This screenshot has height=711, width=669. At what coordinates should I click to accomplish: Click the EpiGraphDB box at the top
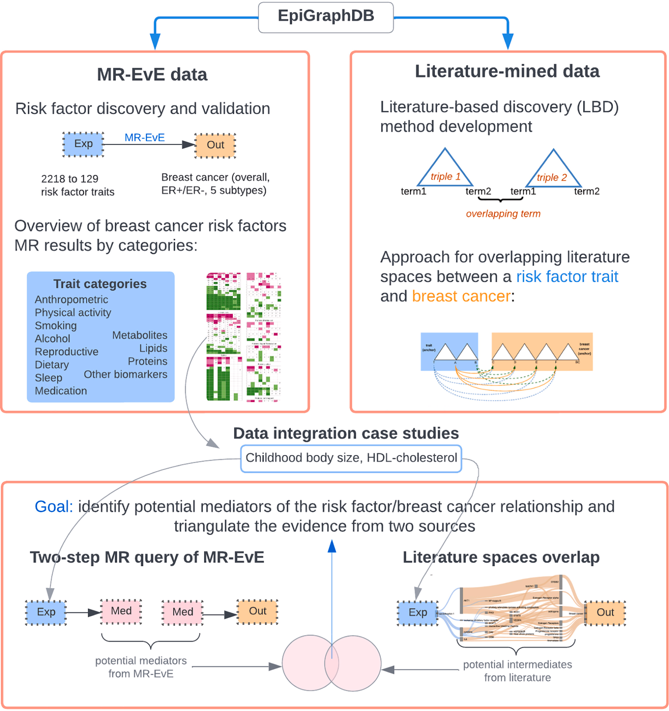[x=326, y=17]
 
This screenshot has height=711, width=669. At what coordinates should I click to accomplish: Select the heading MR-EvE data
[x=152, y=75]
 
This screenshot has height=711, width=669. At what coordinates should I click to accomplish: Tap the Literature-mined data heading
[x=507, y=71]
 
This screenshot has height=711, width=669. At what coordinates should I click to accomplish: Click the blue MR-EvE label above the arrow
[x=144, y=137]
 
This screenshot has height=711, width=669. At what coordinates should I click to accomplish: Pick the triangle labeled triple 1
[x=445, y=170]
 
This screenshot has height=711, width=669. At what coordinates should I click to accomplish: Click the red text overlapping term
[x=503, y=214]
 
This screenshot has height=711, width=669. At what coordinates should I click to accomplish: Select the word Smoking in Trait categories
[x=56, y=325]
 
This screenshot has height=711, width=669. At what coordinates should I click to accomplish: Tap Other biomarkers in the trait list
[x=125, y=374]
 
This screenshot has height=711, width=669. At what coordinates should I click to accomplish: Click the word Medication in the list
[x=61, y=391]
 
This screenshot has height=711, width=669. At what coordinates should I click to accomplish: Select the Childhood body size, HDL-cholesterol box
[x=351, y=458]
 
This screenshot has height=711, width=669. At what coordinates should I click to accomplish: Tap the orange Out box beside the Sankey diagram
[x=605, y=612]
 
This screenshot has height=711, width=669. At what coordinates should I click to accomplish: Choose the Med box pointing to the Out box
[x=182, y=612]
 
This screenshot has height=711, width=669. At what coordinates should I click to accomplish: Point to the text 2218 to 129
[x=69, y=178]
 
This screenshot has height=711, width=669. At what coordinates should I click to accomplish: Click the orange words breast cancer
[x=461, y=296]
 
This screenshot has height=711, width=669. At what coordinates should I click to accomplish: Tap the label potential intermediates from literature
[x=517, y=671]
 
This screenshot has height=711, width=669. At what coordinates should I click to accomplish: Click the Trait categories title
[x=100, y=284]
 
